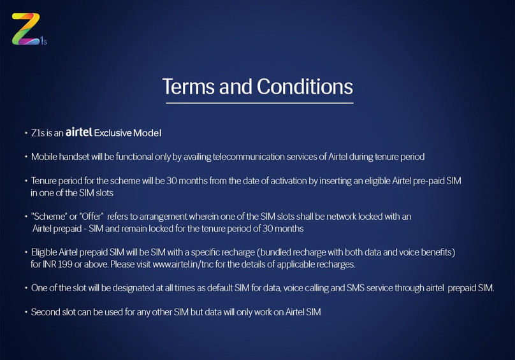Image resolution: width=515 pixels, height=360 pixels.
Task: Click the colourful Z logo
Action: point(25,29)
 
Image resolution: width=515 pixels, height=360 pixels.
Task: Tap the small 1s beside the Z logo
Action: point(44,41)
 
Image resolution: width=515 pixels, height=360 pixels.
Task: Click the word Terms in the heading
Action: point(188,87)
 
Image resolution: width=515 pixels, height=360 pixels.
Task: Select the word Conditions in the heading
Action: point(305,87)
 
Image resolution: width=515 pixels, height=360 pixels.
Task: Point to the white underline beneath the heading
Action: point(259,103)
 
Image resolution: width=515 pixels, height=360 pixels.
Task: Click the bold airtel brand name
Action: point(79,132)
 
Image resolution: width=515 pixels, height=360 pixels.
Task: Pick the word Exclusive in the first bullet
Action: point(113,133)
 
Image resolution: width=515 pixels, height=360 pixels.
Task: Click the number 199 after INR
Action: point(65,264)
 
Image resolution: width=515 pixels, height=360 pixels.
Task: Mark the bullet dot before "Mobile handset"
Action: point(26,157)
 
